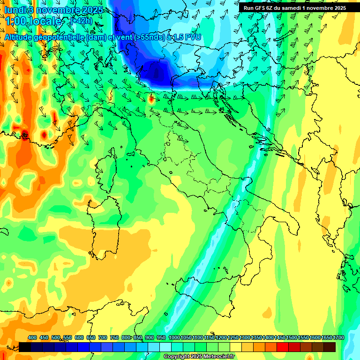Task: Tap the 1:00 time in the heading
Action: (x=15, y=22)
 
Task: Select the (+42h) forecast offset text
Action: (x=81, y=21)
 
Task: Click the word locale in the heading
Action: (x=45, y=22)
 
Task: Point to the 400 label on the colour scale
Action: (x=32, y=338)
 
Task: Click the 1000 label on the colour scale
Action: (x=174, y=338)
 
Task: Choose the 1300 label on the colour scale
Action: (x=245, y=338)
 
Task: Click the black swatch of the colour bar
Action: (x=25, y=347)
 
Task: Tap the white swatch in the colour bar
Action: (x=165, y=347)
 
